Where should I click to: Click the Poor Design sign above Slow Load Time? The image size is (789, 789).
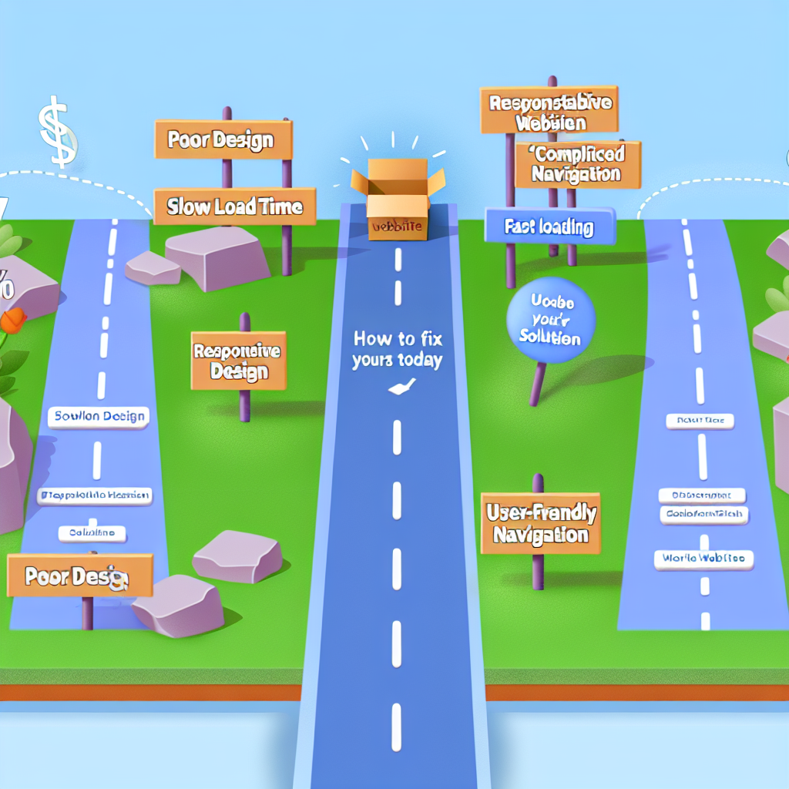223,139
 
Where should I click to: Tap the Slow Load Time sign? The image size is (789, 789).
234,207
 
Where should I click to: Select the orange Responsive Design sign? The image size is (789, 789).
238,361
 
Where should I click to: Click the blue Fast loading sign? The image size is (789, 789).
549,227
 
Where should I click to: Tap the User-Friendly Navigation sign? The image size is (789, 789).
540,523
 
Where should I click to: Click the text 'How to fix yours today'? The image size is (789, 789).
398,349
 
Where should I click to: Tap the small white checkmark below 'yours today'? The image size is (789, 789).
398,391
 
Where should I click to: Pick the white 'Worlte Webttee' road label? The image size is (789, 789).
703,559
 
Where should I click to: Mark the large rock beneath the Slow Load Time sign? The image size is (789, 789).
217,257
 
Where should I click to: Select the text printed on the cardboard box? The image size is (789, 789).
397,227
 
